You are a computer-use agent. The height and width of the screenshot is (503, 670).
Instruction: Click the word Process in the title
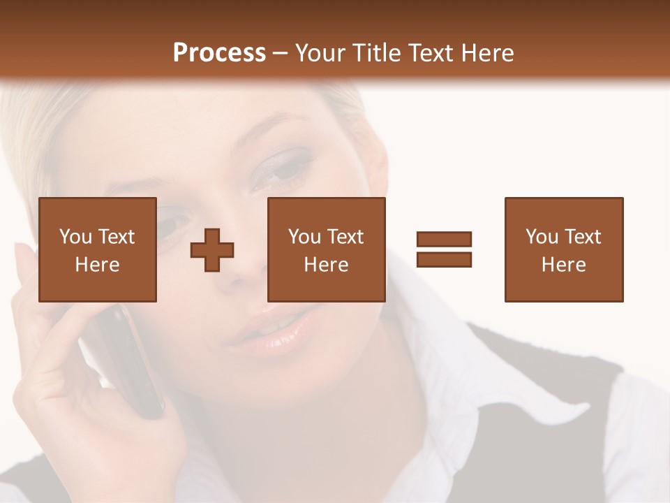(x=219, y=53)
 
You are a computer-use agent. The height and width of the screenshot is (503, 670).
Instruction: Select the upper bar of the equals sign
(x=444, y=240)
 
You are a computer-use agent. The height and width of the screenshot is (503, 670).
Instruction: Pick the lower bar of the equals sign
(x=444, y=259)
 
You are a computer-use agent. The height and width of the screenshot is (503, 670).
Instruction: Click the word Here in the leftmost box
(x=97, y=265)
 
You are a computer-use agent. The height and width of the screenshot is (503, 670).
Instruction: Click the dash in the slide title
(x=281, y=53)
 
